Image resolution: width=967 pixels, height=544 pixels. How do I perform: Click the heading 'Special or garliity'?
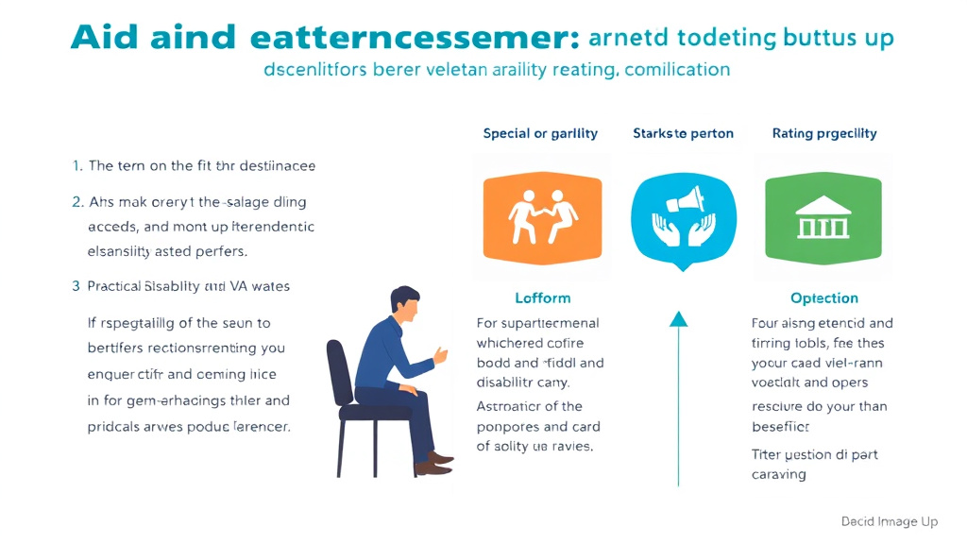pyautogui.click(x=540, y=133)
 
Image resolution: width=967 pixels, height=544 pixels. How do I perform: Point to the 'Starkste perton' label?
pyautogui.click(x=683, y=133)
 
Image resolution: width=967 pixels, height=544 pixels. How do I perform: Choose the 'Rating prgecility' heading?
pyautogui.click(x=824, y=133)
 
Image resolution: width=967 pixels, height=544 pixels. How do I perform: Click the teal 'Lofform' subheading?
pyautogui.click(x=542, y=297)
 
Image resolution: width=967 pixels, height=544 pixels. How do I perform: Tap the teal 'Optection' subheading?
pyautogui.click(x=824, y=297)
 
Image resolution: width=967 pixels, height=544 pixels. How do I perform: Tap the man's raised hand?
pyautogui.click(x=440, y=356)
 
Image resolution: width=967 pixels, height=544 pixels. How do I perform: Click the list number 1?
pyautogui.click(x=77, y=165)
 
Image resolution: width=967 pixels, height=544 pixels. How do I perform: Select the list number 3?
pyautogui.click(x=76, y=285)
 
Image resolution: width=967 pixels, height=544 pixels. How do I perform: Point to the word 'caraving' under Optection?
pyautogui.click(x=779, y=474)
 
